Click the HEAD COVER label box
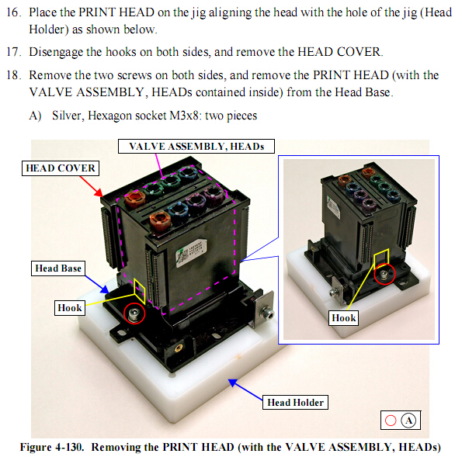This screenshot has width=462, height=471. click(x=60, y=168)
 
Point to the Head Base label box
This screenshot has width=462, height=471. click(x=57, y=268)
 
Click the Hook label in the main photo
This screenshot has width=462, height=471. click(x=69, y=308)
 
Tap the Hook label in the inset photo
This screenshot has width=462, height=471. click(x=343, y=318)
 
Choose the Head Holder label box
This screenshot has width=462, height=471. click(x=295, y=402)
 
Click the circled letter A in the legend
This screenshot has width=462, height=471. click(x=410, y=421)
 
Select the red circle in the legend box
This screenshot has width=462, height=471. click(x=391, y=421)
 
